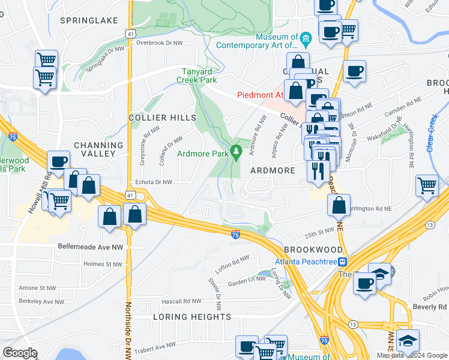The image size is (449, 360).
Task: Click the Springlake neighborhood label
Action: click(x=89, y=20)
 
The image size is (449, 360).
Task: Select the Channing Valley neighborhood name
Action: click(x=98, y=149)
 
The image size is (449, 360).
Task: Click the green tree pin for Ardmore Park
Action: click(x=237, y=150)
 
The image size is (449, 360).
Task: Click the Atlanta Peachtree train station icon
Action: click(x=343, y=262)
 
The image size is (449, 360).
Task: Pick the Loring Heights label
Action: click(x=191, y=317)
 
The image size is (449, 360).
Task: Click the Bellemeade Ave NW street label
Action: click(x=90, y=247)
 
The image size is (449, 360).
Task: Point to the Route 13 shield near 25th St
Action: click(x=429, y=224)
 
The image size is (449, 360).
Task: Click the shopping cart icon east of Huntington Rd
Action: click(x=426, y=185)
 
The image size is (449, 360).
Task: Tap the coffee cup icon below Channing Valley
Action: click(x=59, y=161)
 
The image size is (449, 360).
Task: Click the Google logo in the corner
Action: click(x=20, y=353)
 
